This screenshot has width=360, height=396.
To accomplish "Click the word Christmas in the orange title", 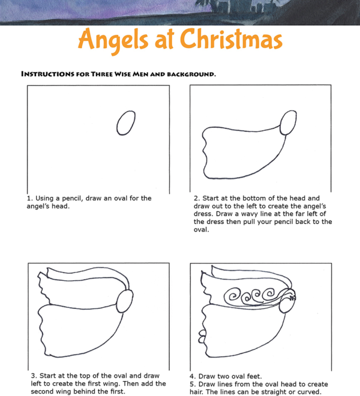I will click(232, 40).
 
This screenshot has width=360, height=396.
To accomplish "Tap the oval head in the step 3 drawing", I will click(128, 301).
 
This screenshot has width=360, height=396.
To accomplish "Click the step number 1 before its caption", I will click(28, 198).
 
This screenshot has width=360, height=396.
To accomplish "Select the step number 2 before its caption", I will click(195, 198).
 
